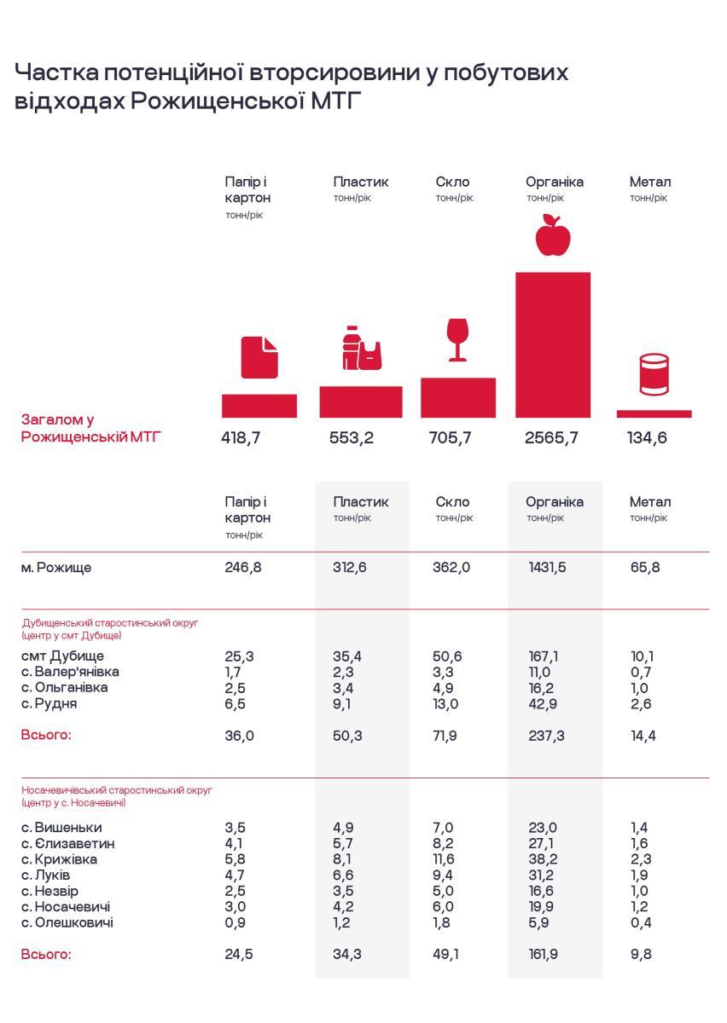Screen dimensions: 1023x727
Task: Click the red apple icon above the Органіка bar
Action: pyautogui.click(x=552, y=235)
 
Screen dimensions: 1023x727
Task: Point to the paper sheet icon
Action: pyautogui.click(x=259, y=357)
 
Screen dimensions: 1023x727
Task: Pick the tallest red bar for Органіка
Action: pyautogui.click(x=552, y=344)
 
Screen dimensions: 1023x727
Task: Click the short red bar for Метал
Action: pyautogui.click(x=654, y=413)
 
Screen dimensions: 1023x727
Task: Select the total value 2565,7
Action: pyautogui.click(x=551, y=438)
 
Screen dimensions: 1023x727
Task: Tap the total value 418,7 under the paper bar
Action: pyautogui.click(x=241, y=438)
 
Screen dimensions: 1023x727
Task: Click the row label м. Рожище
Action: pyautogui.click(x=56, y=568)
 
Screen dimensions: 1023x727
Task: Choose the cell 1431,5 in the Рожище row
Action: pyautogui.click(x=547, y=568)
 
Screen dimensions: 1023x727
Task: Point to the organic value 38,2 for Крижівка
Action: pyautogui.click(x=543, y=859)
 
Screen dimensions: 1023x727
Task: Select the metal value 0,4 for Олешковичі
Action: pyautogui.click(x=640, y=922)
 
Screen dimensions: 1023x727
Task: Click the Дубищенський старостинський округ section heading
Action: pyautogui.click(x=110, y=623)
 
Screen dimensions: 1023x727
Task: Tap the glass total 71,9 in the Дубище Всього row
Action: pyautogui.click(x=445, y=736)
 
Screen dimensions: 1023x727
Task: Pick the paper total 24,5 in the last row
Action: pyautogui.click(x=239, y=955)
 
